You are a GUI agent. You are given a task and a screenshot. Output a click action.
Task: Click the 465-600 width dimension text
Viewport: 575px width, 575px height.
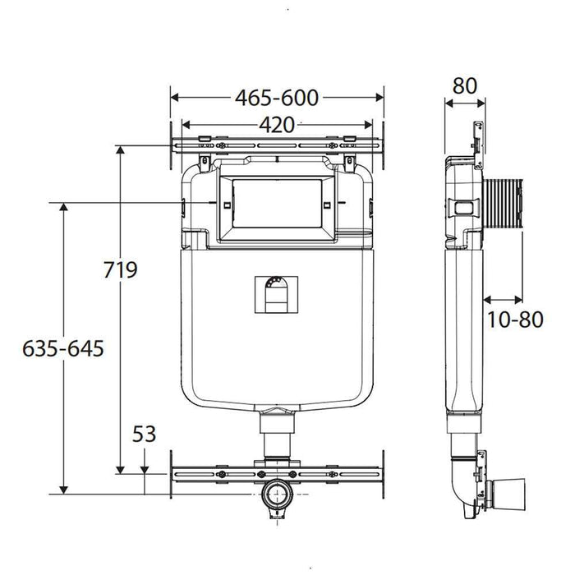point(277,97)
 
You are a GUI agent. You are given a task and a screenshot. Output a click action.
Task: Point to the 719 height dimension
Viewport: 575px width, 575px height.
point(121,270)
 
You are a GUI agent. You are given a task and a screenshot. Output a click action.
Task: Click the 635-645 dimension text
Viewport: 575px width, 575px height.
point(64,348)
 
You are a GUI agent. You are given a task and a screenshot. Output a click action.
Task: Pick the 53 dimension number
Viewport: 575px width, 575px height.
point(144,434)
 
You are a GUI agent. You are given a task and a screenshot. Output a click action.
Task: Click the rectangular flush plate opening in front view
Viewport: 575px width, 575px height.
point(276,202)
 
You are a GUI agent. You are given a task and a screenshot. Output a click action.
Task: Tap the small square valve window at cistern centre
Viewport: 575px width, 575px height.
point(277,293)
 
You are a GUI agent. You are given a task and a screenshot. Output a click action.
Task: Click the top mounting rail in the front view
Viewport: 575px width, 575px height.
point(276,147)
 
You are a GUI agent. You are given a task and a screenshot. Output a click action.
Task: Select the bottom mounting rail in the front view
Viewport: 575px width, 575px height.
point(276,474)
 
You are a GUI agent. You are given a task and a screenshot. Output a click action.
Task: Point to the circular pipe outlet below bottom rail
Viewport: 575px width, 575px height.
point(276,495)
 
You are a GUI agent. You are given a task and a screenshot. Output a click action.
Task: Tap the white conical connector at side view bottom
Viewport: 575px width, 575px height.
point(510,493)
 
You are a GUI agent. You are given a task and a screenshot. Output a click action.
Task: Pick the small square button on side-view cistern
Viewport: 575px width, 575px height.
point(462,205)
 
